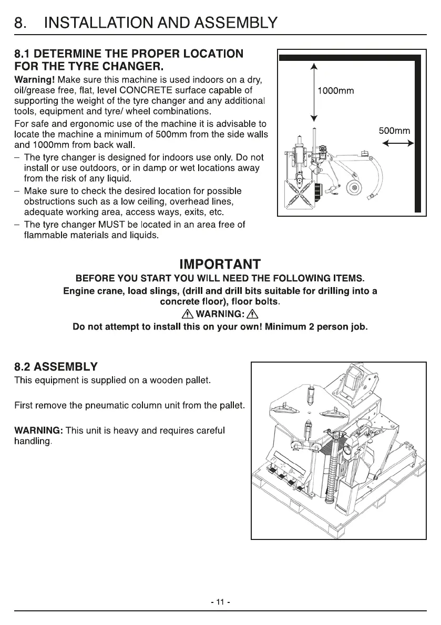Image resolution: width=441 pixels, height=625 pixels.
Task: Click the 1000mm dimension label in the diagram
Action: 336,91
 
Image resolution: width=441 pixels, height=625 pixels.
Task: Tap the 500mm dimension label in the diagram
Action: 394,131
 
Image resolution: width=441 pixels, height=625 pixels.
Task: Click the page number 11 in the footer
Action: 220,602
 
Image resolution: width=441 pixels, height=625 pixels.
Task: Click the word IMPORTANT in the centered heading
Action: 220,264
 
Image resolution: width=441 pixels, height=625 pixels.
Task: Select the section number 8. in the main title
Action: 20,23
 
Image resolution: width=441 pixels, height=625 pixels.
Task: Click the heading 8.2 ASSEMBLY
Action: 56,366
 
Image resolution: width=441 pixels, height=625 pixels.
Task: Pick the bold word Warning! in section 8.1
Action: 34,79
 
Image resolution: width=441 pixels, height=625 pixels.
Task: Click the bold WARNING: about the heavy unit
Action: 38,430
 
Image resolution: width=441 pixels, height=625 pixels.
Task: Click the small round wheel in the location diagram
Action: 355,188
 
